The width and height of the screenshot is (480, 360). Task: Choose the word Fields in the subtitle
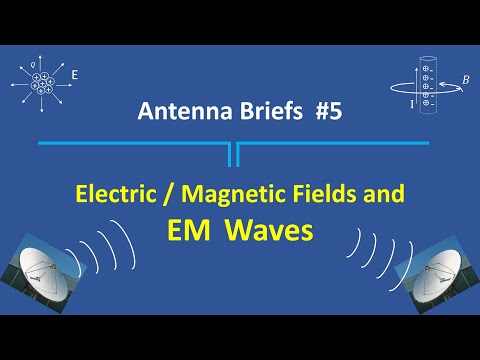323,194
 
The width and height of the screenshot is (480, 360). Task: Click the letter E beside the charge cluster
74,73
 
